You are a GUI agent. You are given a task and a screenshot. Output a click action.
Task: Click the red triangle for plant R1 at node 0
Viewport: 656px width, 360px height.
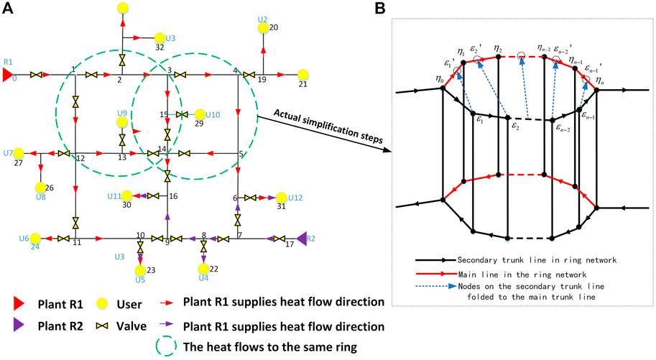[8, 75]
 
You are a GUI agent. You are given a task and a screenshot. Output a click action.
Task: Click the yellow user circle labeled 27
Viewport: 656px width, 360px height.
[19, 153]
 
